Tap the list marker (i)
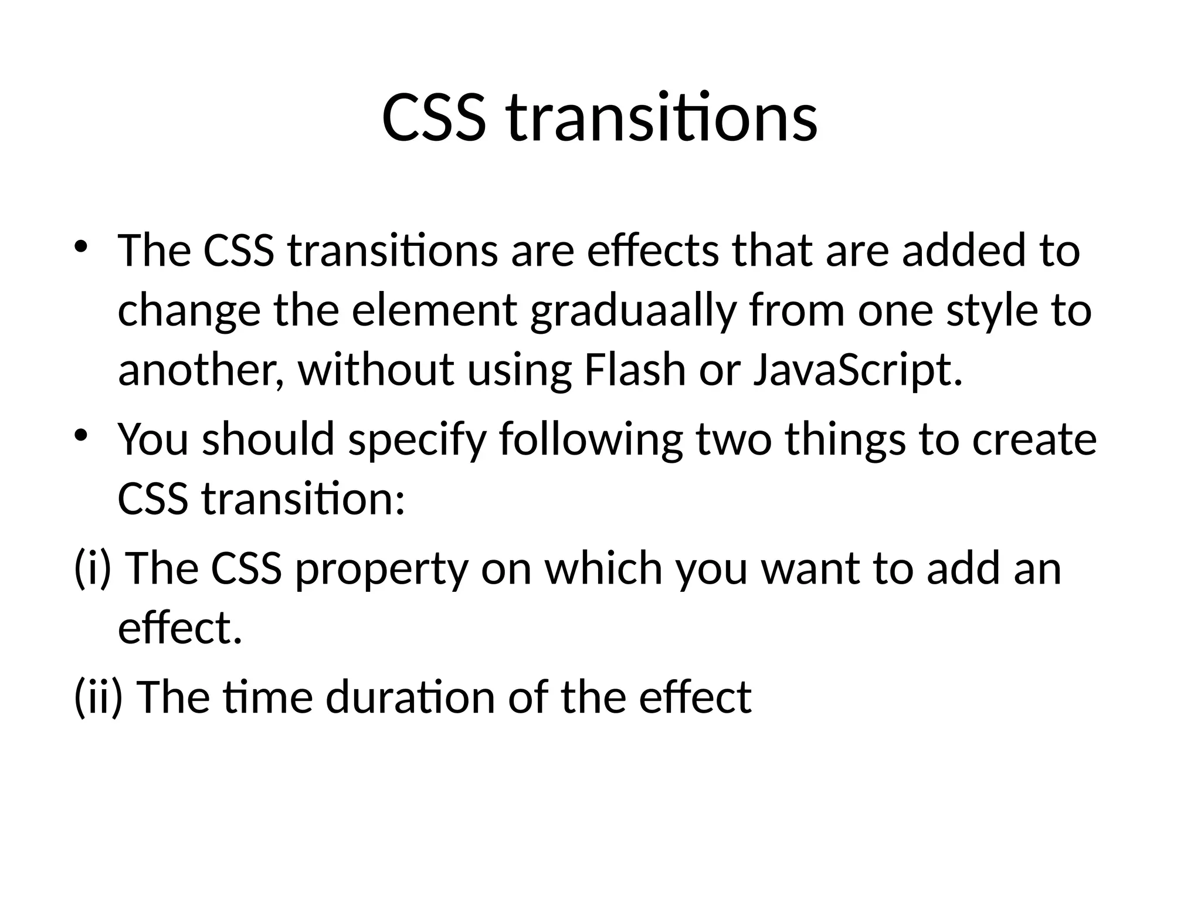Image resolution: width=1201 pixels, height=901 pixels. tap(93, 569)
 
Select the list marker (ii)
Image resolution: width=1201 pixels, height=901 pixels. tap(99, 697)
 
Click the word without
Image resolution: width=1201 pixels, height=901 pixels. tap(375, 371)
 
